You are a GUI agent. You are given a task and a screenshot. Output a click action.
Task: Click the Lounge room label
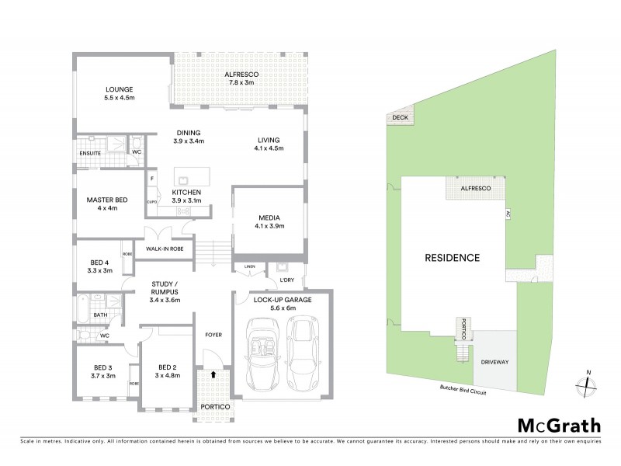pyautogui.click(x=120, y=93)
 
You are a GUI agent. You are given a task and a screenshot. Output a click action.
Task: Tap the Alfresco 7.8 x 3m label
pyautogui.click(x=240, y=77)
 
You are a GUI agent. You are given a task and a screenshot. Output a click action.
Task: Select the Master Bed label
pyautogui.click(x=106, y=203)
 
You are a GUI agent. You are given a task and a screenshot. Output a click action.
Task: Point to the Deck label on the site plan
pyautogui.click(x=399, y=118)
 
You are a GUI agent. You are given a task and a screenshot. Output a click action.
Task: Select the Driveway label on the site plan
pyautogui.click(x=495, y=361)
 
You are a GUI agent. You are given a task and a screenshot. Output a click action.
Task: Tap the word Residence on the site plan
pyautogui.click(x=452, y=257)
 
